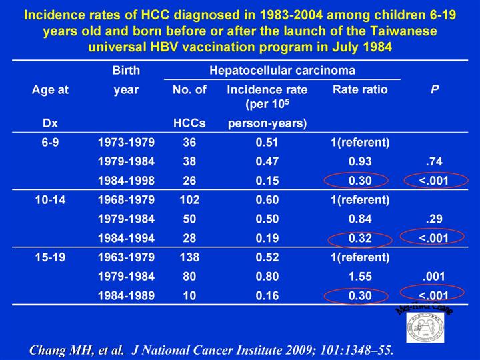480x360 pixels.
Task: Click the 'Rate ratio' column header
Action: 359,89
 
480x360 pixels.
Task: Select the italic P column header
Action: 435,89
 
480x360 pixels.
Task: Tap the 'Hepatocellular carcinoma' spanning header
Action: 282,69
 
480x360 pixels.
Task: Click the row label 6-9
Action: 50,141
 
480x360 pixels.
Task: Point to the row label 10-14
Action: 50,199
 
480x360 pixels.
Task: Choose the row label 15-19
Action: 50,257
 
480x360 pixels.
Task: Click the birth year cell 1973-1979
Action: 126,141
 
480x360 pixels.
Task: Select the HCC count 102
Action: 190,199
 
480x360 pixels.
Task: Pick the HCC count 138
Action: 190,257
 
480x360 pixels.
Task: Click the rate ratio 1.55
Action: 360,276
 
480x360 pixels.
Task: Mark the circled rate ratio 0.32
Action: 360,237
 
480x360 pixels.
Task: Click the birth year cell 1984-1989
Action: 126,295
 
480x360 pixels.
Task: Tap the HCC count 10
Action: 190,295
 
